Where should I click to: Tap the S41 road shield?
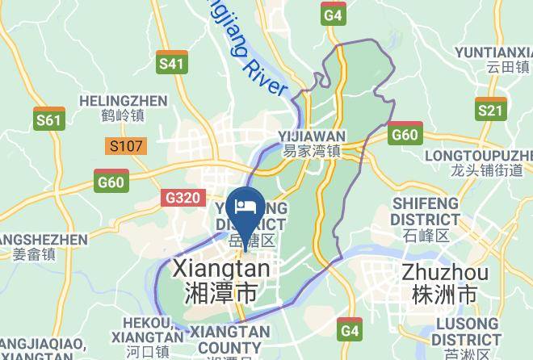[171, 64]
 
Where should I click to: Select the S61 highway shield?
[49, 120]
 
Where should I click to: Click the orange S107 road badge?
[126, 147]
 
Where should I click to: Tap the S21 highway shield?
[490, 111]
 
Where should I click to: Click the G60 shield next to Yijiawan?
[404, 135]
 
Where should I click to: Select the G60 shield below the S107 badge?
[111, 182]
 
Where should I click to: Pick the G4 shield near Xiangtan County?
[349, 331]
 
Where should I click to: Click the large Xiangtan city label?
[221, 279]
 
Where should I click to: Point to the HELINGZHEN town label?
[124, 108]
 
